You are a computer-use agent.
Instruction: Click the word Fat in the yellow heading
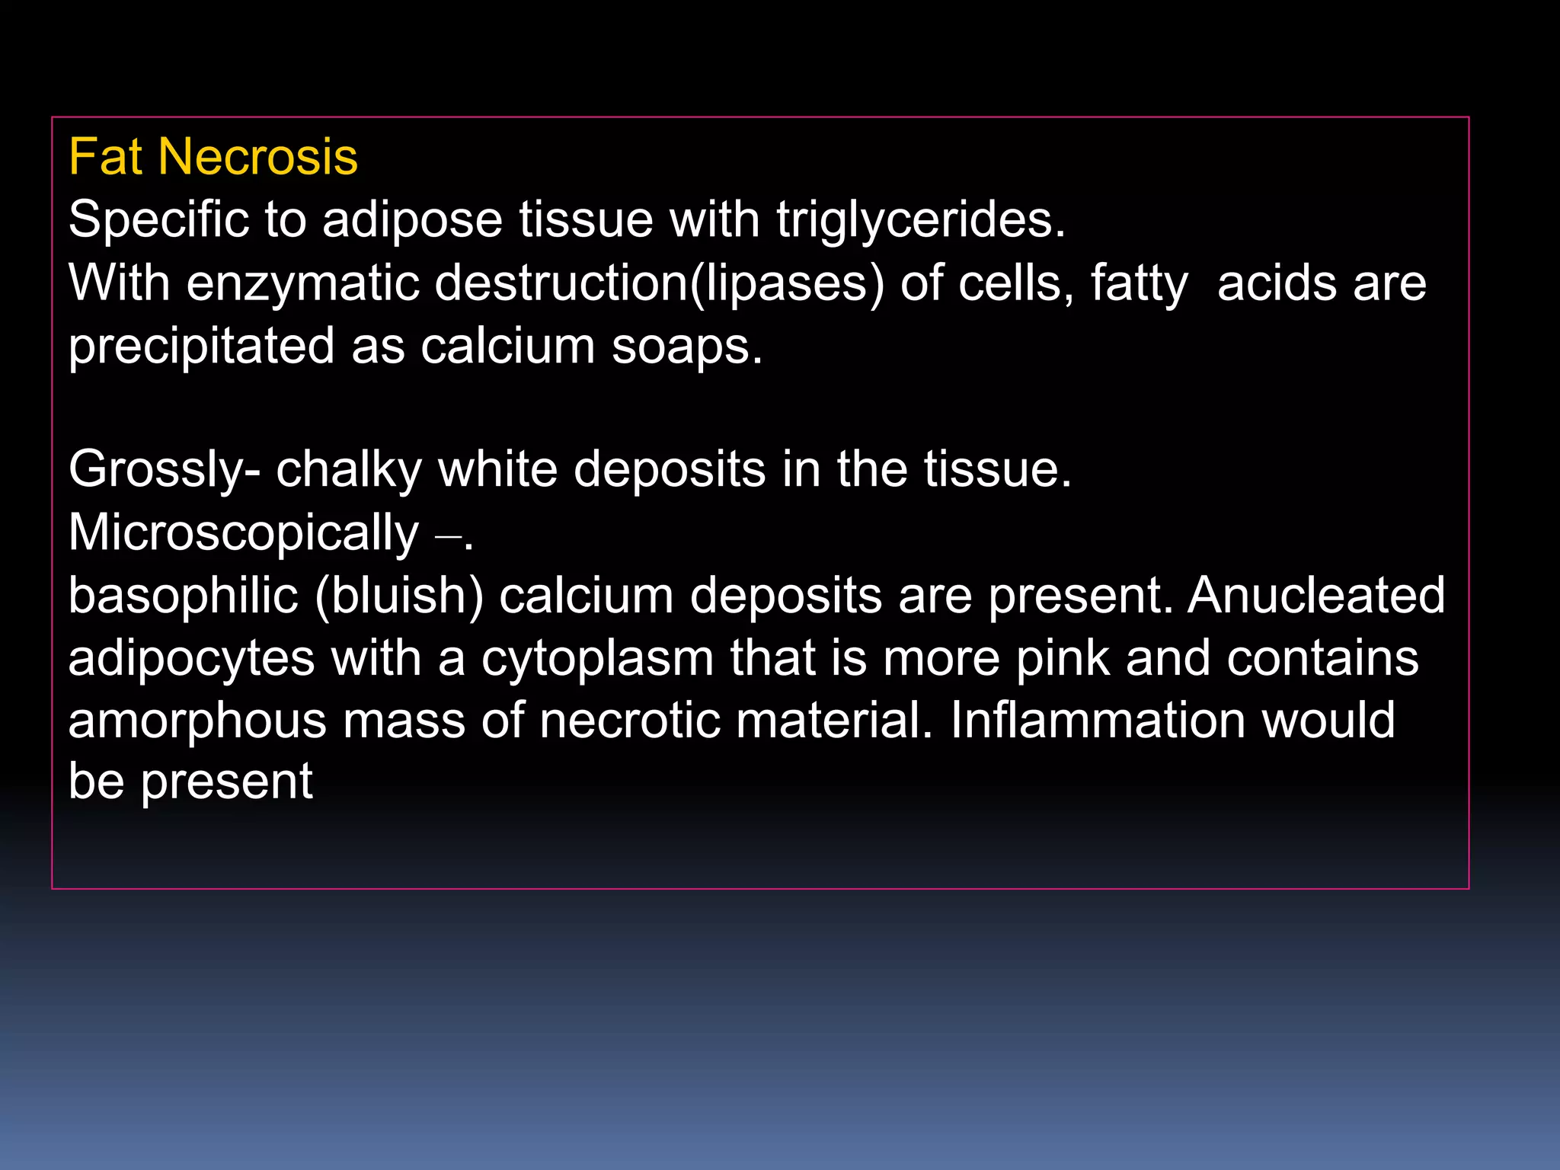point(105,158)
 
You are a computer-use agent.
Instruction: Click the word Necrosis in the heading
point(258,158)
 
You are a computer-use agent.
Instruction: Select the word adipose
point(412,220)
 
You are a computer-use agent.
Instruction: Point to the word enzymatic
point(302,283)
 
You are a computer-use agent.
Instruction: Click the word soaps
point(686,347)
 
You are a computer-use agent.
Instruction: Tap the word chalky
point(349,469)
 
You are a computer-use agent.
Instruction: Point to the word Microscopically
point(243,532)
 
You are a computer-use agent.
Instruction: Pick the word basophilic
point(183,595)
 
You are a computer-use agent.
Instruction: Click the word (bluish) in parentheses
point(399,595)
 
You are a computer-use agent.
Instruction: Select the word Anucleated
point(1316,595)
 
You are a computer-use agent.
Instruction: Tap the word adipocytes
point(191,658)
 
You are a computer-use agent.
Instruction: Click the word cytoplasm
point(597,658)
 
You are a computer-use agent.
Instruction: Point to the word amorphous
point(197,721)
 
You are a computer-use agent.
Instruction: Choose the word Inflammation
point(1097,721)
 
